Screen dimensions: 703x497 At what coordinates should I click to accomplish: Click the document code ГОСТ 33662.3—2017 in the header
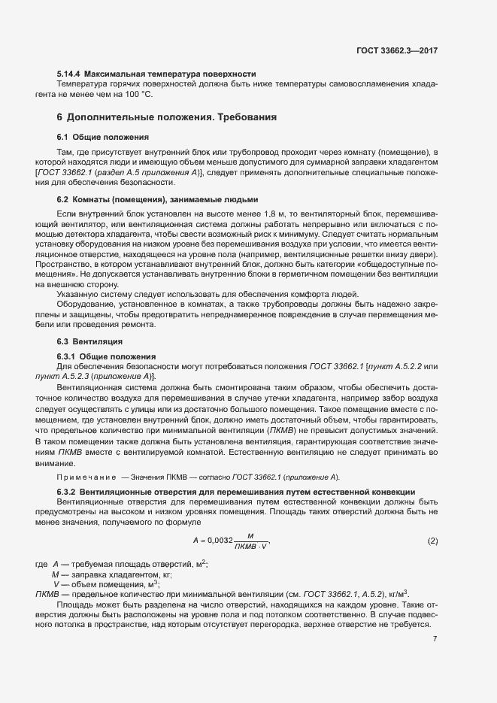point(397,51)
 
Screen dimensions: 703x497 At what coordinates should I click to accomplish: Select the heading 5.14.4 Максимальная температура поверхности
point(156,74)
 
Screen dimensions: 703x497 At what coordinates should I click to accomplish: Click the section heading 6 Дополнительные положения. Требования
point(167,118)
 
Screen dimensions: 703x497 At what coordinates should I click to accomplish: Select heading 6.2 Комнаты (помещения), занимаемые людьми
point(157,200)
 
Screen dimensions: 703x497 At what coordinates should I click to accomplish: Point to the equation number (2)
point(432,541)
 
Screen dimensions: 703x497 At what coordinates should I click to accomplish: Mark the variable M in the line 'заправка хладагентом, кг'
point(55,574)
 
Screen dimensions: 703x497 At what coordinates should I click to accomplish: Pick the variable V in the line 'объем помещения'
point(56,583)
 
